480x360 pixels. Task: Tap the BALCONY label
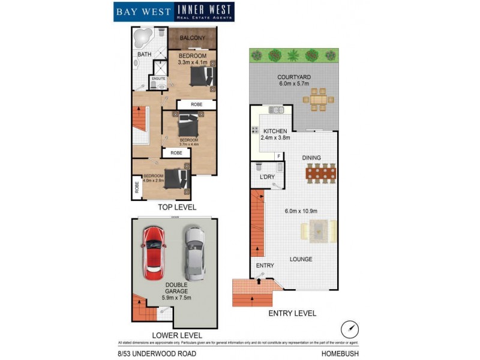coord(192,38)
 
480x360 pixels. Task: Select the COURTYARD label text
coord(293,77)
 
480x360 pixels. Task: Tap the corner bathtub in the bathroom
coord(142,38)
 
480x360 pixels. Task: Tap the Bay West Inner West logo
coord(173,11)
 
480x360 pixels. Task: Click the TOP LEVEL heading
coord(176,207)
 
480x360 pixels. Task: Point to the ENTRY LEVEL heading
coord(293,313)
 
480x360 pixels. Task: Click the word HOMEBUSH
coord(340,353)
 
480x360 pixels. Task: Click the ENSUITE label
coord(159,79)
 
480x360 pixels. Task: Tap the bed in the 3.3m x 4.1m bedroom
coord(200,76)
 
